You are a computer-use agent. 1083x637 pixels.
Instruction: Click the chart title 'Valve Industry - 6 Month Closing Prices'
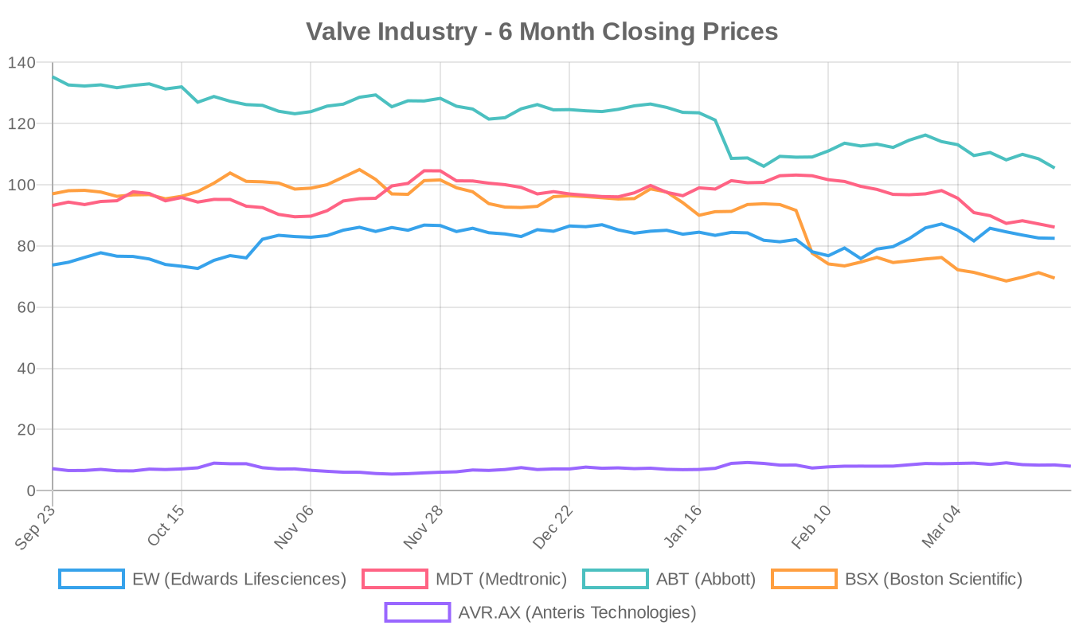coord(541,32)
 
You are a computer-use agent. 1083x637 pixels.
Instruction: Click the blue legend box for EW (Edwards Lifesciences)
coord(92,579)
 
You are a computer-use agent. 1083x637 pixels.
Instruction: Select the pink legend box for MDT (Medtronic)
coord(395,579)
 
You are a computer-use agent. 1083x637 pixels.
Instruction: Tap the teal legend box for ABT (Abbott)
coord(616,579)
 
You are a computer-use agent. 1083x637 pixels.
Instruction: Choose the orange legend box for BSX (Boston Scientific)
coord(804,579)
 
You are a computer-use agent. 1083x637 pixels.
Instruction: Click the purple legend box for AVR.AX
coord(417,612)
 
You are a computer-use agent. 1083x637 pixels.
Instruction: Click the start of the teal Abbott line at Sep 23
coord(53,77)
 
